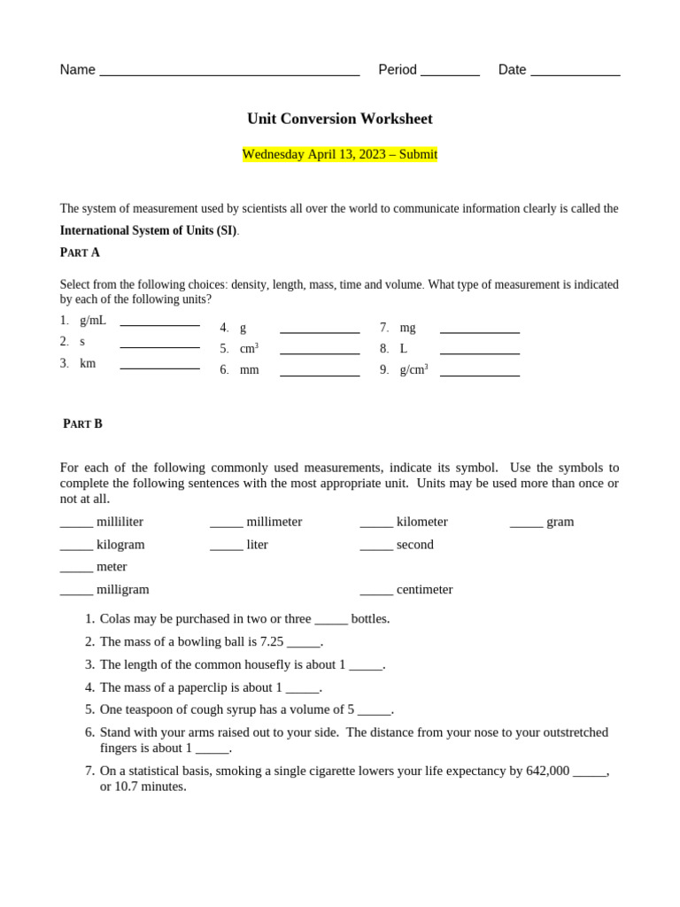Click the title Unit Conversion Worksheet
click(x=339, y=119)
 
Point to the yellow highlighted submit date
click(x=339, y=154)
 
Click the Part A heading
click(x=80, y=252)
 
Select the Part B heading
click(x=82, y=424)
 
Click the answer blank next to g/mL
click(x=159, y=324)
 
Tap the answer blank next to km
click(x=159, y=367)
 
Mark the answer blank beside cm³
click(x=320, y=353)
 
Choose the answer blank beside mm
click(x=320, y=374)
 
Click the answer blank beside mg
click(x=479, y=331)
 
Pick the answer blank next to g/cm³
click(x=479, y=374)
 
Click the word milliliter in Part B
click(x=120, y=522)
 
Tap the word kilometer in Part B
click(x=421, y=522)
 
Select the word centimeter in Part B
click(x=424, y=590)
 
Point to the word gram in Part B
click(x=560, y=522)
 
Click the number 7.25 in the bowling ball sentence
click(x=271, y=642)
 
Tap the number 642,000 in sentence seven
click(x=547, y=771)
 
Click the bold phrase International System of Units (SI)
click(x=148, y=231)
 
